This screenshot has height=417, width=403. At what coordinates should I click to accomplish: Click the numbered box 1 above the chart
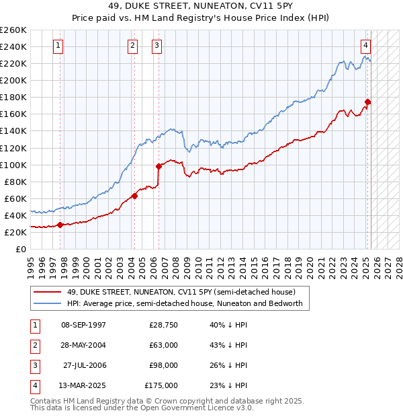click(x=58, y=46)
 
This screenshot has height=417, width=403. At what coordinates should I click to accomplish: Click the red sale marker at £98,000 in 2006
click(x=159, y=166)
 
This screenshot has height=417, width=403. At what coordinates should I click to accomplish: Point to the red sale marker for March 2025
click(x=368, y=102)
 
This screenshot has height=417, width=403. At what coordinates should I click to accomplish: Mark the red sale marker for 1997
click(x=60, y=225)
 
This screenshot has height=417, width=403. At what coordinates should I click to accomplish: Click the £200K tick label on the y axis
click(x=13, y=80)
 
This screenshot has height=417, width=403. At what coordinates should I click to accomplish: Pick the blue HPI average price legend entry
click(x=185, y=303)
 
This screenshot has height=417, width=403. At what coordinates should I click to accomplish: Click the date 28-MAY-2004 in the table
click(x=83, y=345)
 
